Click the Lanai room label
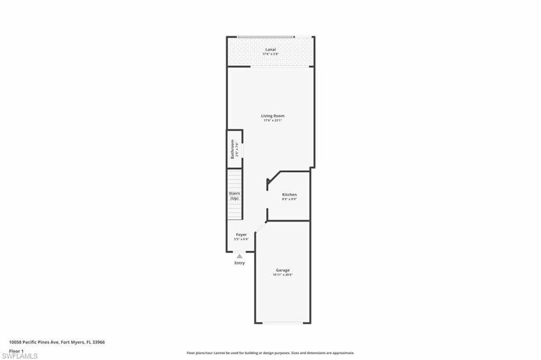(x=270, y=49)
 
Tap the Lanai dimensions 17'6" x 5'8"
(x=270, y=54)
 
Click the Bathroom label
(x=232, y=149)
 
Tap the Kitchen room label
(x=289, y=195)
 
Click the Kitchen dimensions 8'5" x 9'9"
(x=289, y=199)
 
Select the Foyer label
(x=241, y=234)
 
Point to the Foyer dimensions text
(x=241, y=239)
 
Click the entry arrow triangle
(x=239, y=256)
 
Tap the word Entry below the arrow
(x=239, y=263)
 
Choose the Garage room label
(x=283, y=270)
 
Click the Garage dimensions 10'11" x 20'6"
(x=283, y=275)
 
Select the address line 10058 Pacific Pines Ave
(x=57, y=343)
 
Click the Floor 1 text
(x=16, y=350)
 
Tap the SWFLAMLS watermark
(x=20, y=356)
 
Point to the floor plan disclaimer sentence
(x=270, y=353)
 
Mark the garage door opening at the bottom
(x=283, y=322)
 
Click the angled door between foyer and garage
(x=260, y=227)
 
